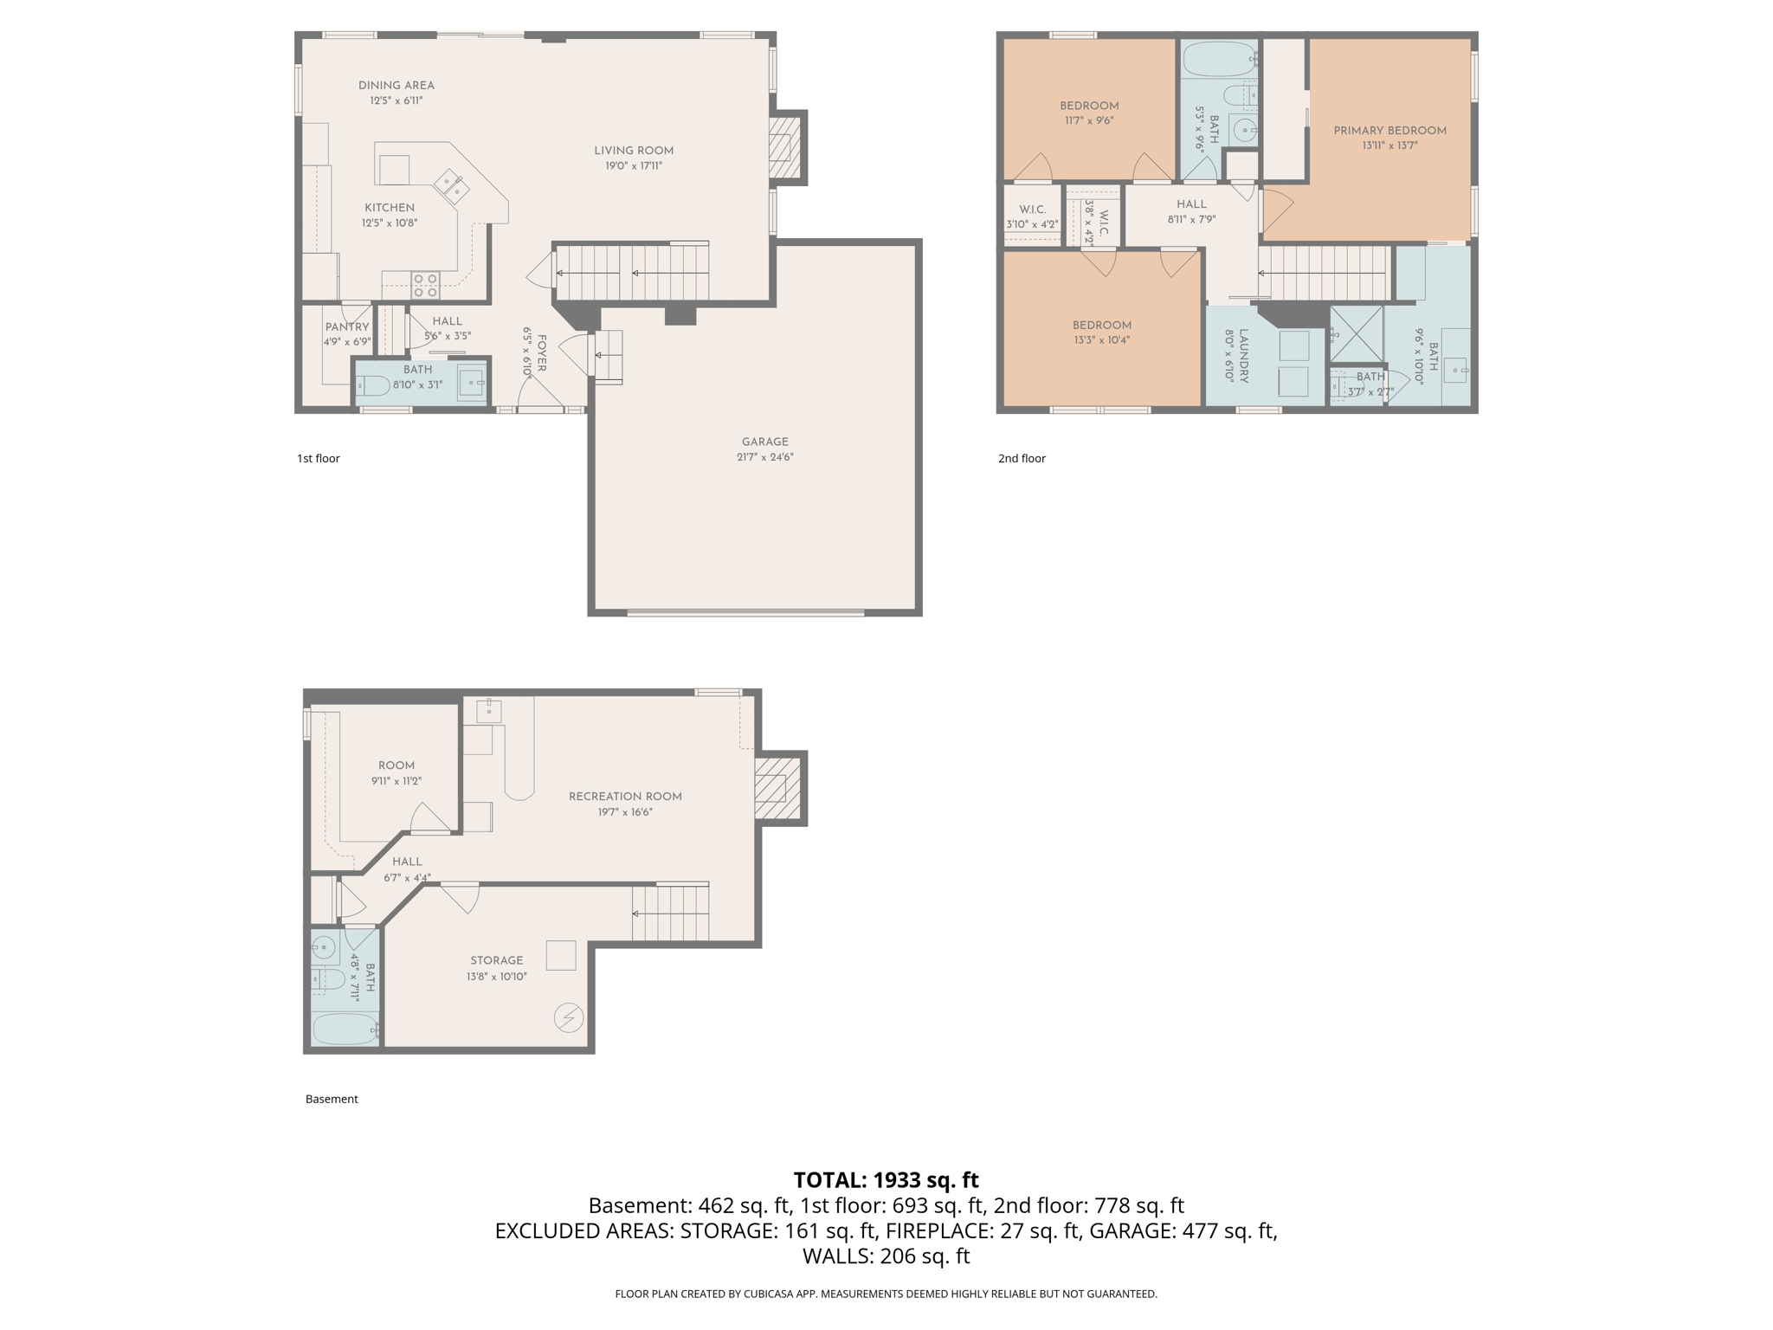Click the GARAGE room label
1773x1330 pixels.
[764, 442]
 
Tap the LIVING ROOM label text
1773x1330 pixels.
[633, 151]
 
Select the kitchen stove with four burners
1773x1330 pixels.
[425, 285]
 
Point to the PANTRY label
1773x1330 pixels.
[346, 327]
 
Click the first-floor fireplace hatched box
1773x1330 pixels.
[784, 147]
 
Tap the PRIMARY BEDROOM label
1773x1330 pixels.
[1389, 131]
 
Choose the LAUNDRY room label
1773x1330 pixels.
[1243, 355]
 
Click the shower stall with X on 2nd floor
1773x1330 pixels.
[1356, 334]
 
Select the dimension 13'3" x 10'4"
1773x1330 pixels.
[1101, 340]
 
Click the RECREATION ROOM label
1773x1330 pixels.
[625, 797]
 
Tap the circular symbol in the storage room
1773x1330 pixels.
[569, 1017]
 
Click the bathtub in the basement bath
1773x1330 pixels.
[345, 1030]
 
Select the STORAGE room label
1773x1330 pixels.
[496, 960]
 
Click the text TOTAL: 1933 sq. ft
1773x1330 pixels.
[886, 1180]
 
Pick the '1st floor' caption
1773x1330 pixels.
[319, 459]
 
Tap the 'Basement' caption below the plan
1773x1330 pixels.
[332, 1100]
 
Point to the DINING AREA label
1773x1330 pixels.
[397, 86]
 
